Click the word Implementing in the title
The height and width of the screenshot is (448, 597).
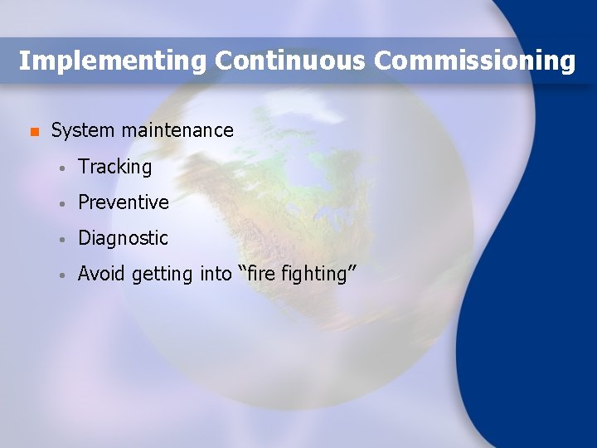pyautogui.click(x=113, y=61)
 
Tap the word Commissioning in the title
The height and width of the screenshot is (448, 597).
pyautogui.click(x=474, y=61)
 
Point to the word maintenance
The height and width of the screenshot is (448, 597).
pyautogui.click(x=177, y=130)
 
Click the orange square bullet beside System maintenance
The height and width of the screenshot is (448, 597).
pyautogui.click(x=33, y=132)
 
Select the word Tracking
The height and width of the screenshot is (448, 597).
pyautogui.click(x=115, y=167)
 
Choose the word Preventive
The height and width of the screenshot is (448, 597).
pyautogui.click(x=124, y=202)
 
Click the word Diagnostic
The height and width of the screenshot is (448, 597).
pyautogui.click(x=123, y=238)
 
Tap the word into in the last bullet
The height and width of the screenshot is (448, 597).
pyautogui.click(x=216, y=274)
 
